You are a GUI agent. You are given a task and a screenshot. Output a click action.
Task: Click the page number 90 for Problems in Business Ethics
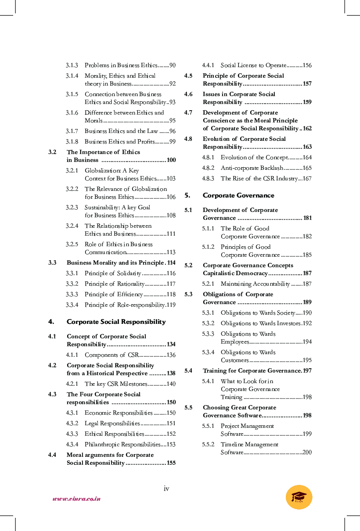(172, 65)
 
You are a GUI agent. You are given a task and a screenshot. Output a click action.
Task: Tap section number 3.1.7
(72, 131)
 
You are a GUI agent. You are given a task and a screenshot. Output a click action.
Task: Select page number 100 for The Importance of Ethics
(171, 160)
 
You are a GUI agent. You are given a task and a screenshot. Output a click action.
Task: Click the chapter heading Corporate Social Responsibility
(116, 322)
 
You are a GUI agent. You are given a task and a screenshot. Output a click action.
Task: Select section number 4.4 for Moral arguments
(52, 455)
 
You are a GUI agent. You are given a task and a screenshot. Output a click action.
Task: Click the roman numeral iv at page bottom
(166, 488)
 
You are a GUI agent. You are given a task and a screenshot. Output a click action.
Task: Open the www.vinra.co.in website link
(76, 499)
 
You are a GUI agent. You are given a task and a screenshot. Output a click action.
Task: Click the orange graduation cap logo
(299, 497)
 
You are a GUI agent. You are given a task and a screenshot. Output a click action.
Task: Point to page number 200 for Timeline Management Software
(307, 452)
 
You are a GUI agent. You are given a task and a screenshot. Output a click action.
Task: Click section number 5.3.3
(208, 334)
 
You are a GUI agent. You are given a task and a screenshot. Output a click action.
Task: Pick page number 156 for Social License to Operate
(307, 65)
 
